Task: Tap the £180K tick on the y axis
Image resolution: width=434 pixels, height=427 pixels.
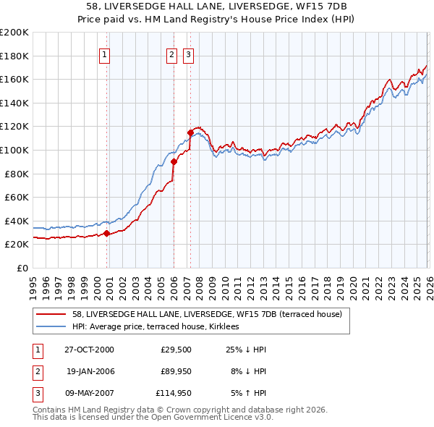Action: (x=14, y=56)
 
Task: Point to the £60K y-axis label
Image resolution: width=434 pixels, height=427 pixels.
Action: (x=17, y=197)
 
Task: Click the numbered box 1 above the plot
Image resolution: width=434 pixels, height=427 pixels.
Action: (x=105, y=55)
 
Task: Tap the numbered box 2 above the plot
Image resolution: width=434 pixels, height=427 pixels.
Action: (x=171, y=55)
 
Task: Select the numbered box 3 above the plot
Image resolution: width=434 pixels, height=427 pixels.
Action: (x=188, y=55)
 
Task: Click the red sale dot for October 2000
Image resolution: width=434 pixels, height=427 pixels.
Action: (x=107, y=233)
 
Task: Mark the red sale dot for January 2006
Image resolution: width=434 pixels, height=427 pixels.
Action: (x=174, y=162)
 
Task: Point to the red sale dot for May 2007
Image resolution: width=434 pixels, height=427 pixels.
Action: (x=190, y=132)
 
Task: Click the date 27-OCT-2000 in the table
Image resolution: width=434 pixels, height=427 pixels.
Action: (x=90, y=350)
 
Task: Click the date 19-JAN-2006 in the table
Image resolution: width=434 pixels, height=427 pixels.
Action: (x=90, y=371)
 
